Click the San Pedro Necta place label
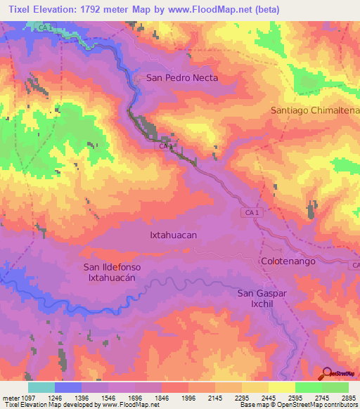point(181,78)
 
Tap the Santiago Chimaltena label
point(315,111)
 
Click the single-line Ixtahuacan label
point(173,235)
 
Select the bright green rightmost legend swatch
point(335,387)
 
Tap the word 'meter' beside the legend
point(7,397)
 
